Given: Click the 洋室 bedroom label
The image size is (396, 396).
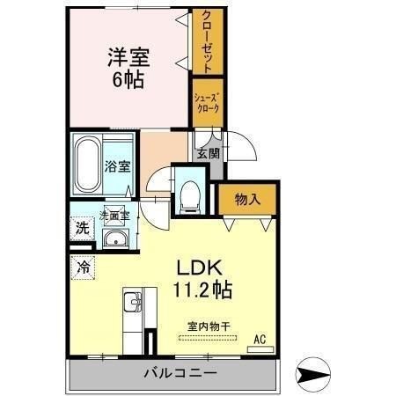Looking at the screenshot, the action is [x=128, y=57].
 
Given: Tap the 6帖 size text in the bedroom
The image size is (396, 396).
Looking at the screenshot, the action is [x=128, y=79].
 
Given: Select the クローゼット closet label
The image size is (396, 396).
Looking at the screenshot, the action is [x=208, y=41].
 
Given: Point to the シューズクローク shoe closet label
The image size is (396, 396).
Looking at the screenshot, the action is [x=208, y=103].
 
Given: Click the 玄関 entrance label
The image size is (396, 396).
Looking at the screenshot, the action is [x=208, y=153].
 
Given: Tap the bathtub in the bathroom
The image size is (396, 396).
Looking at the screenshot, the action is [x=87, y=165].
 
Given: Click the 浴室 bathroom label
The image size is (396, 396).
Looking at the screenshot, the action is [x=117, y=166].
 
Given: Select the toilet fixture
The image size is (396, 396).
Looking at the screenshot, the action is [x=190, y=196].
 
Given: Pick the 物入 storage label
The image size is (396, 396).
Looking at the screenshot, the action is [x=247, y=200].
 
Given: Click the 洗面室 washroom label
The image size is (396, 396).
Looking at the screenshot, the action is [x=114, y=216].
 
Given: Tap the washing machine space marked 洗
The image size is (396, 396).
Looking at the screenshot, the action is [x=83, y=228].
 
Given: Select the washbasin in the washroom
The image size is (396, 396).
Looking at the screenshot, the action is [x=115, y=238].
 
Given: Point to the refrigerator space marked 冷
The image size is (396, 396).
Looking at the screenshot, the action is [x=84, y=268].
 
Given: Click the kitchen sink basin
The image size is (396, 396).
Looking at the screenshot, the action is [x=132, y=302].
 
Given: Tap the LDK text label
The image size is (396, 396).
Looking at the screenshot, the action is [x=199, y=268].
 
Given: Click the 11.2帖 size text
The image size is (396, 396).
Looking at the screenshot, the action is [x=202, y=290].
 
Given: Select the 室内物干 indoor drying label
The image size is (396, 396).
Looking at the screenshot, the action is [x=209, y=326].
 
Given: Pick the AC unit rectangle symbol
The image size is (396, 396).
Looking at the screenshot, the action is [x=260, y=349].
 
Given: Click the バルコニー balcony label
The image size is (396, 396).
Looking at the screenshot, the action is [x=180, y=373].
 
